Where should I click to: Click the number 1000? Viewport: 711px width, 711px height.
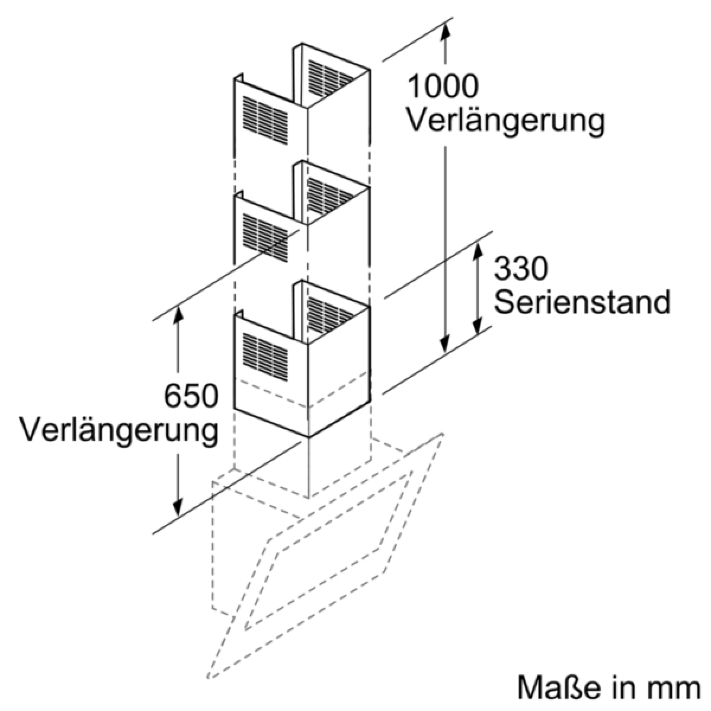443,87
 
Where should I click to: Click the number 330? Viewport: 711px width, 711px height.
521,270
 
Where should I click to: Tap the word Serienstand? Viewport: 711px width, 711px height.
582,302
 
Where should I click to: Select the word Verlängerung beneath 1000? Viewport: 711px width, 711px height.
505,120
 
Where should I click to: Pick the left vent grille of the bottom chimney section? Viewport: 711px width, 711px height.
264,354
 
